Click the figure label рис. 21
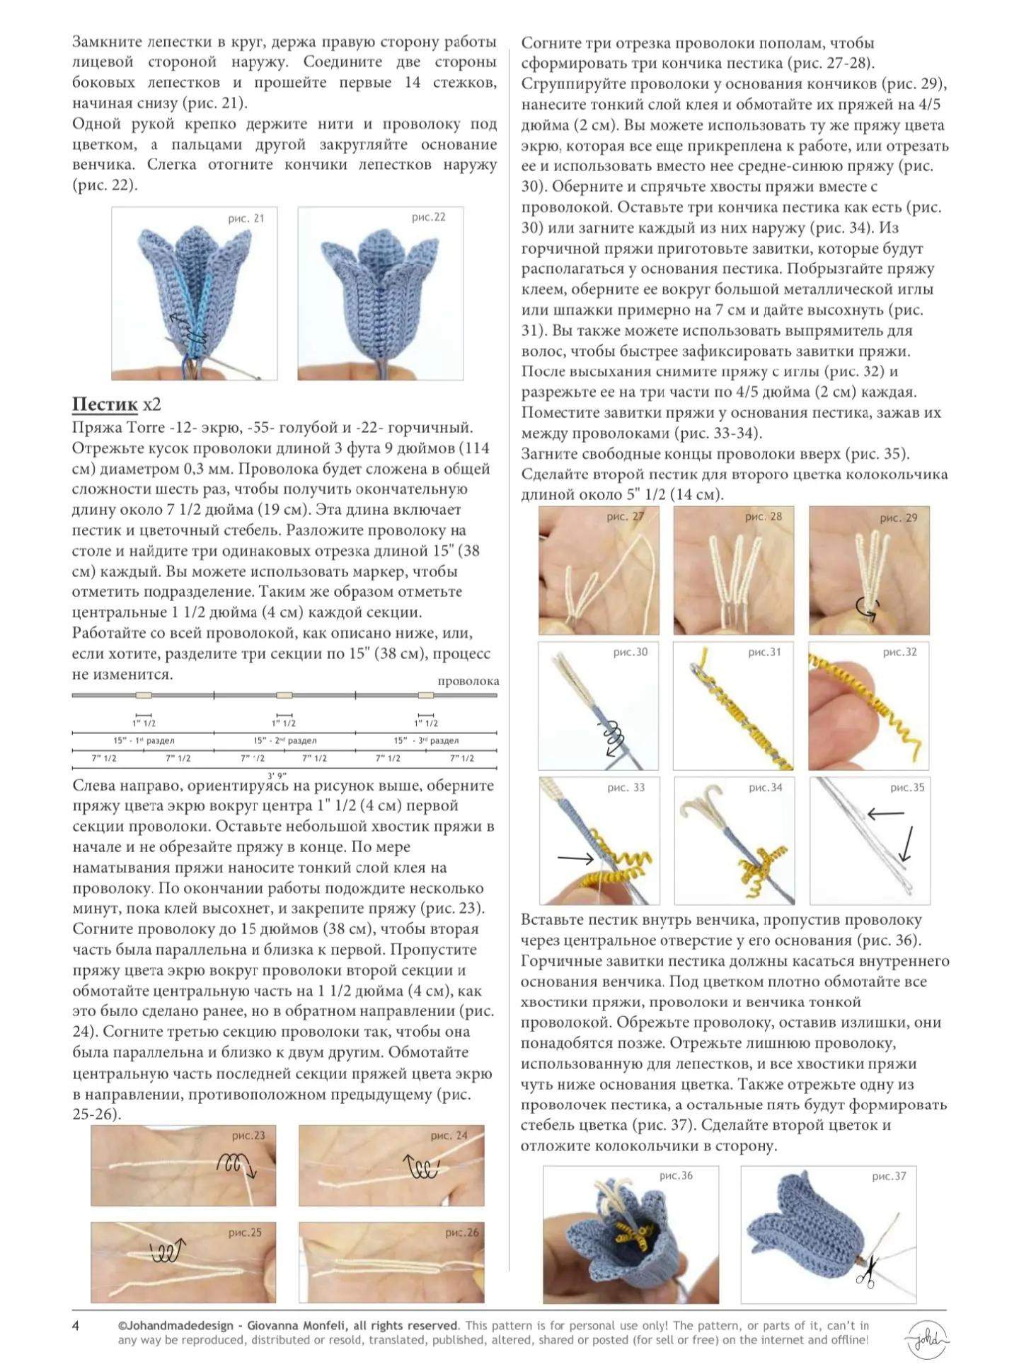[246, 219]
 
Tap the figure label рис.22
[429, 217]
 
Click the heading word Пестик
[105, 404]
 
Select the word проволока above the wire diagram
[468, 681]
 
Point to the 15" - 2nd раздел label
[285, 740]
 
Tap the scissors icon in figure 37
[865, 1271]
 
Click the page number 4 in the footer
[76, 1326]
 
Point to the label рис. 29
[899, 518]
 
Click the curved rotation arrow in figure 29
[868, 607]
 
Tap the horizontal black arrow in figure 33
[576, 858]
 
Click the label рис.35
[907, 787]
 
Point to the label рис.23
[248, 1136]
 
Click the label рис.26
[462, 1233]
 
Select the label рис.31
[764, 652]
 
